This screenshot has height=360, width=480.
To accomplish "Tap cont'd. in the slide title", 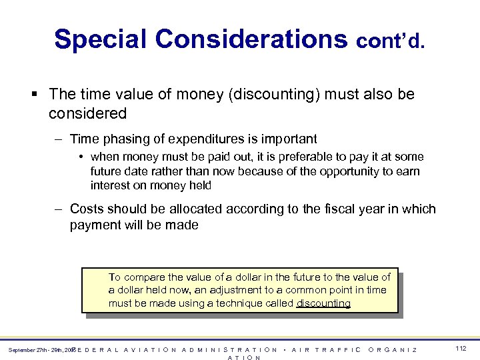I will (391, 42).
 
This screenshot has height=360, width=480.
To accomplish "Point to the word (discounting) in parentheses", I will (275, 95).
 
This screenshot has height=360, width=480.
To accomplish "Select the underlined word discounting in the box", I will (324, 303).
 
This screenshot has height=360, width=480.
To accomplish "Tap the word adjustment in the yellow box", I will (221, 290).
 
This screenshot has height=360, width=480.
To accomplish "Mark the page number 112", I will (460, 349).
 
